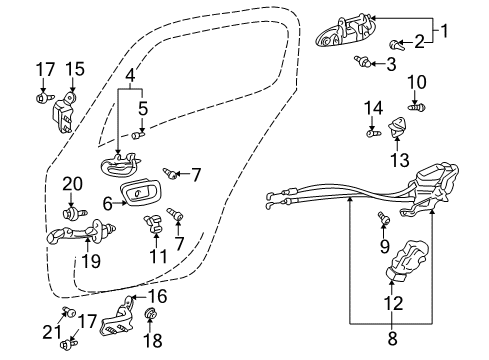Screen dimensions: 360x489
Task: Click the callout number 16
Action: point(157,296)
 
